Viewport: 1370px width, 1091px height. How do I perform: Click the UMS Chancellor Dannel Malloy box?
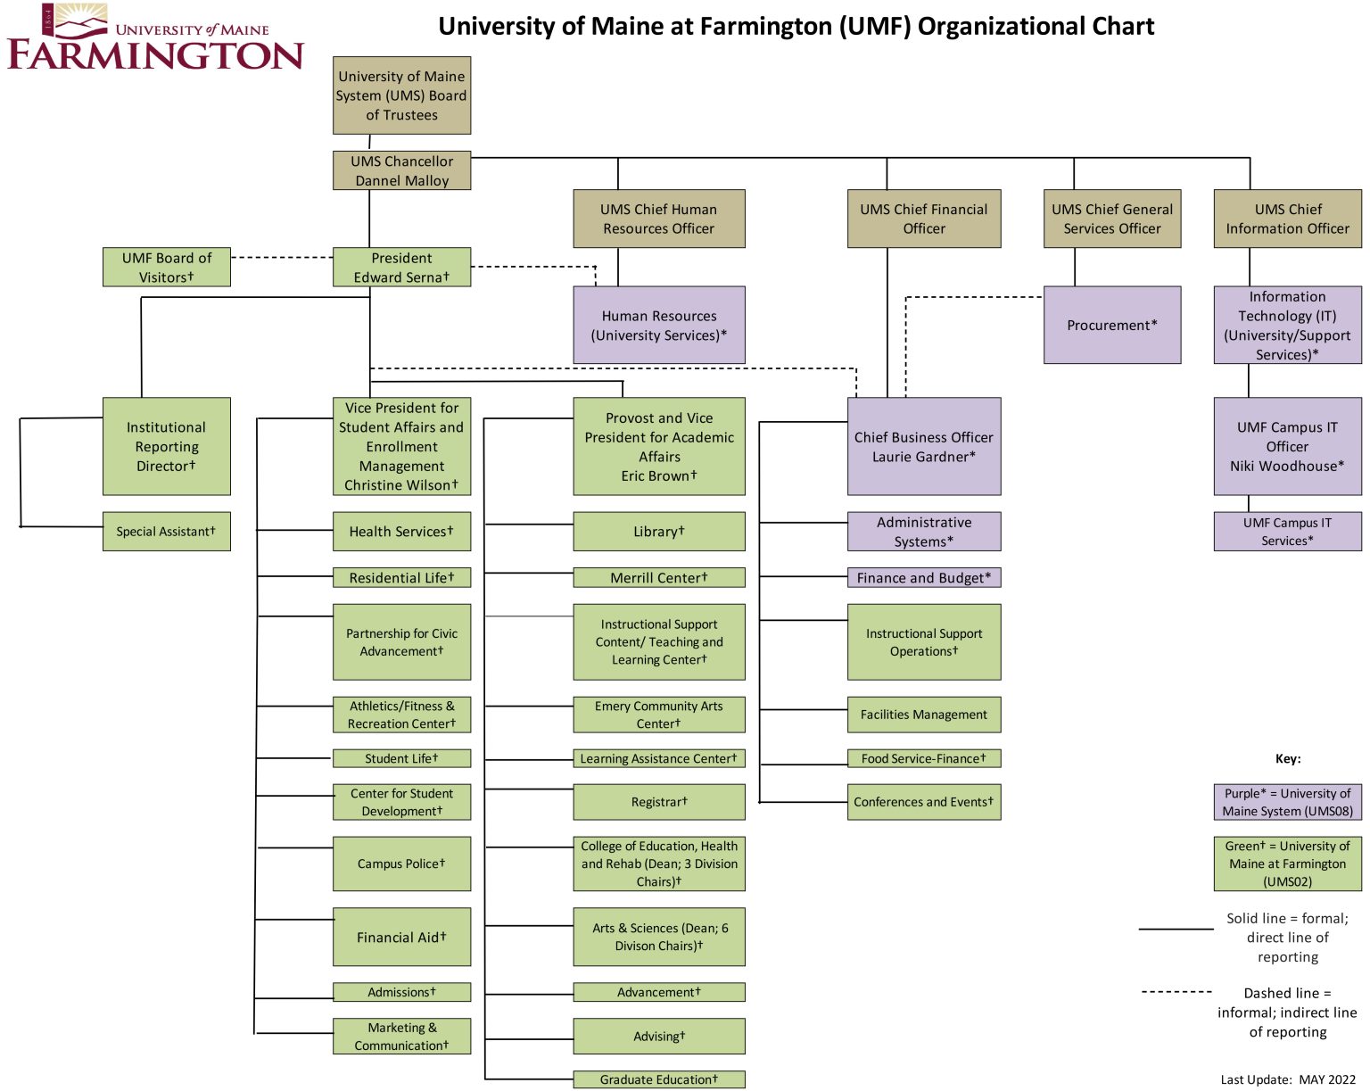[401, 170]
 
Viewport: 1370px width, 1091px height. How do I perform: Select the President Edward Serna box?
[401, 267]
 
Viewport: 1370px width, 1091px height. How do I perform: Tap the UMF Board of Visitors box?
[167, 267]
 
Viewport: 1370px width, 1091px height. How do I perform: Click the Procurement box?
[1112, 325]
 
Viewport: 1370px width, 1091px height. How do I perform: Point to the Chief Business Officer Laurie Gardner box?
[924, 446]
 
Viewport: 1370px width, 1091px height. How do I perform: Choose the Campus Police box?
[401, 864]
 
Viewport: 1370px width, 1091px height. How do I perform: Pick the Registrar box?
[659, 802]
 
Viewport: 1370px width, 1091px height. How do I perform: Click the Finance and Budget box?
[924, 578]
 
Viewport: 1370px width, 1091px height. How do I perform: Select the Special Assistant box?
[167, 531]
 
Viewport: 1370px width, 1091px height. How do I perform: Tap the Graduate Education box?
[659, 1079]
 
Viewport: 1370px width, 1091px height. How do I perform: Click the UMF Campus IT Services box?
[1287, 532]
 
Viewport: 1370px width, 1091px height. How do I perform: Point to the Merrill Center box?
[659, 578]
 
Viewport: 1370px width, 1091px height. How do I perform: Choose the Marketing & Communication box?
[401, 1037]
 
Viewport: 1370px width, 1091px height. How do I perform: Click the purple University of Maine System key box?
[1287, 802]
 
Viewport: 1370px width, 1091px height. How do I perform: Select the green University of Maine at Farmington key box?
[1287, 864]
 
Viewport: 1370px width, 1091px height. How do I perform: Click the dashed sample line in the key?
[1176, 991]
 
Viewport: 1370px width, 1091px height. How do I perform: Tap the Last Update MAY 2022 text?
[1287, 1079]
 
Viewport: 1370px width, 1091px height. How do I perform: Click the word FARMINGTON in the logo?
[156, 55]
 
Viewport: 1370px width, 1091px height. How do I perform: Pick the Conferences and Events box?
[924, 802]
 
